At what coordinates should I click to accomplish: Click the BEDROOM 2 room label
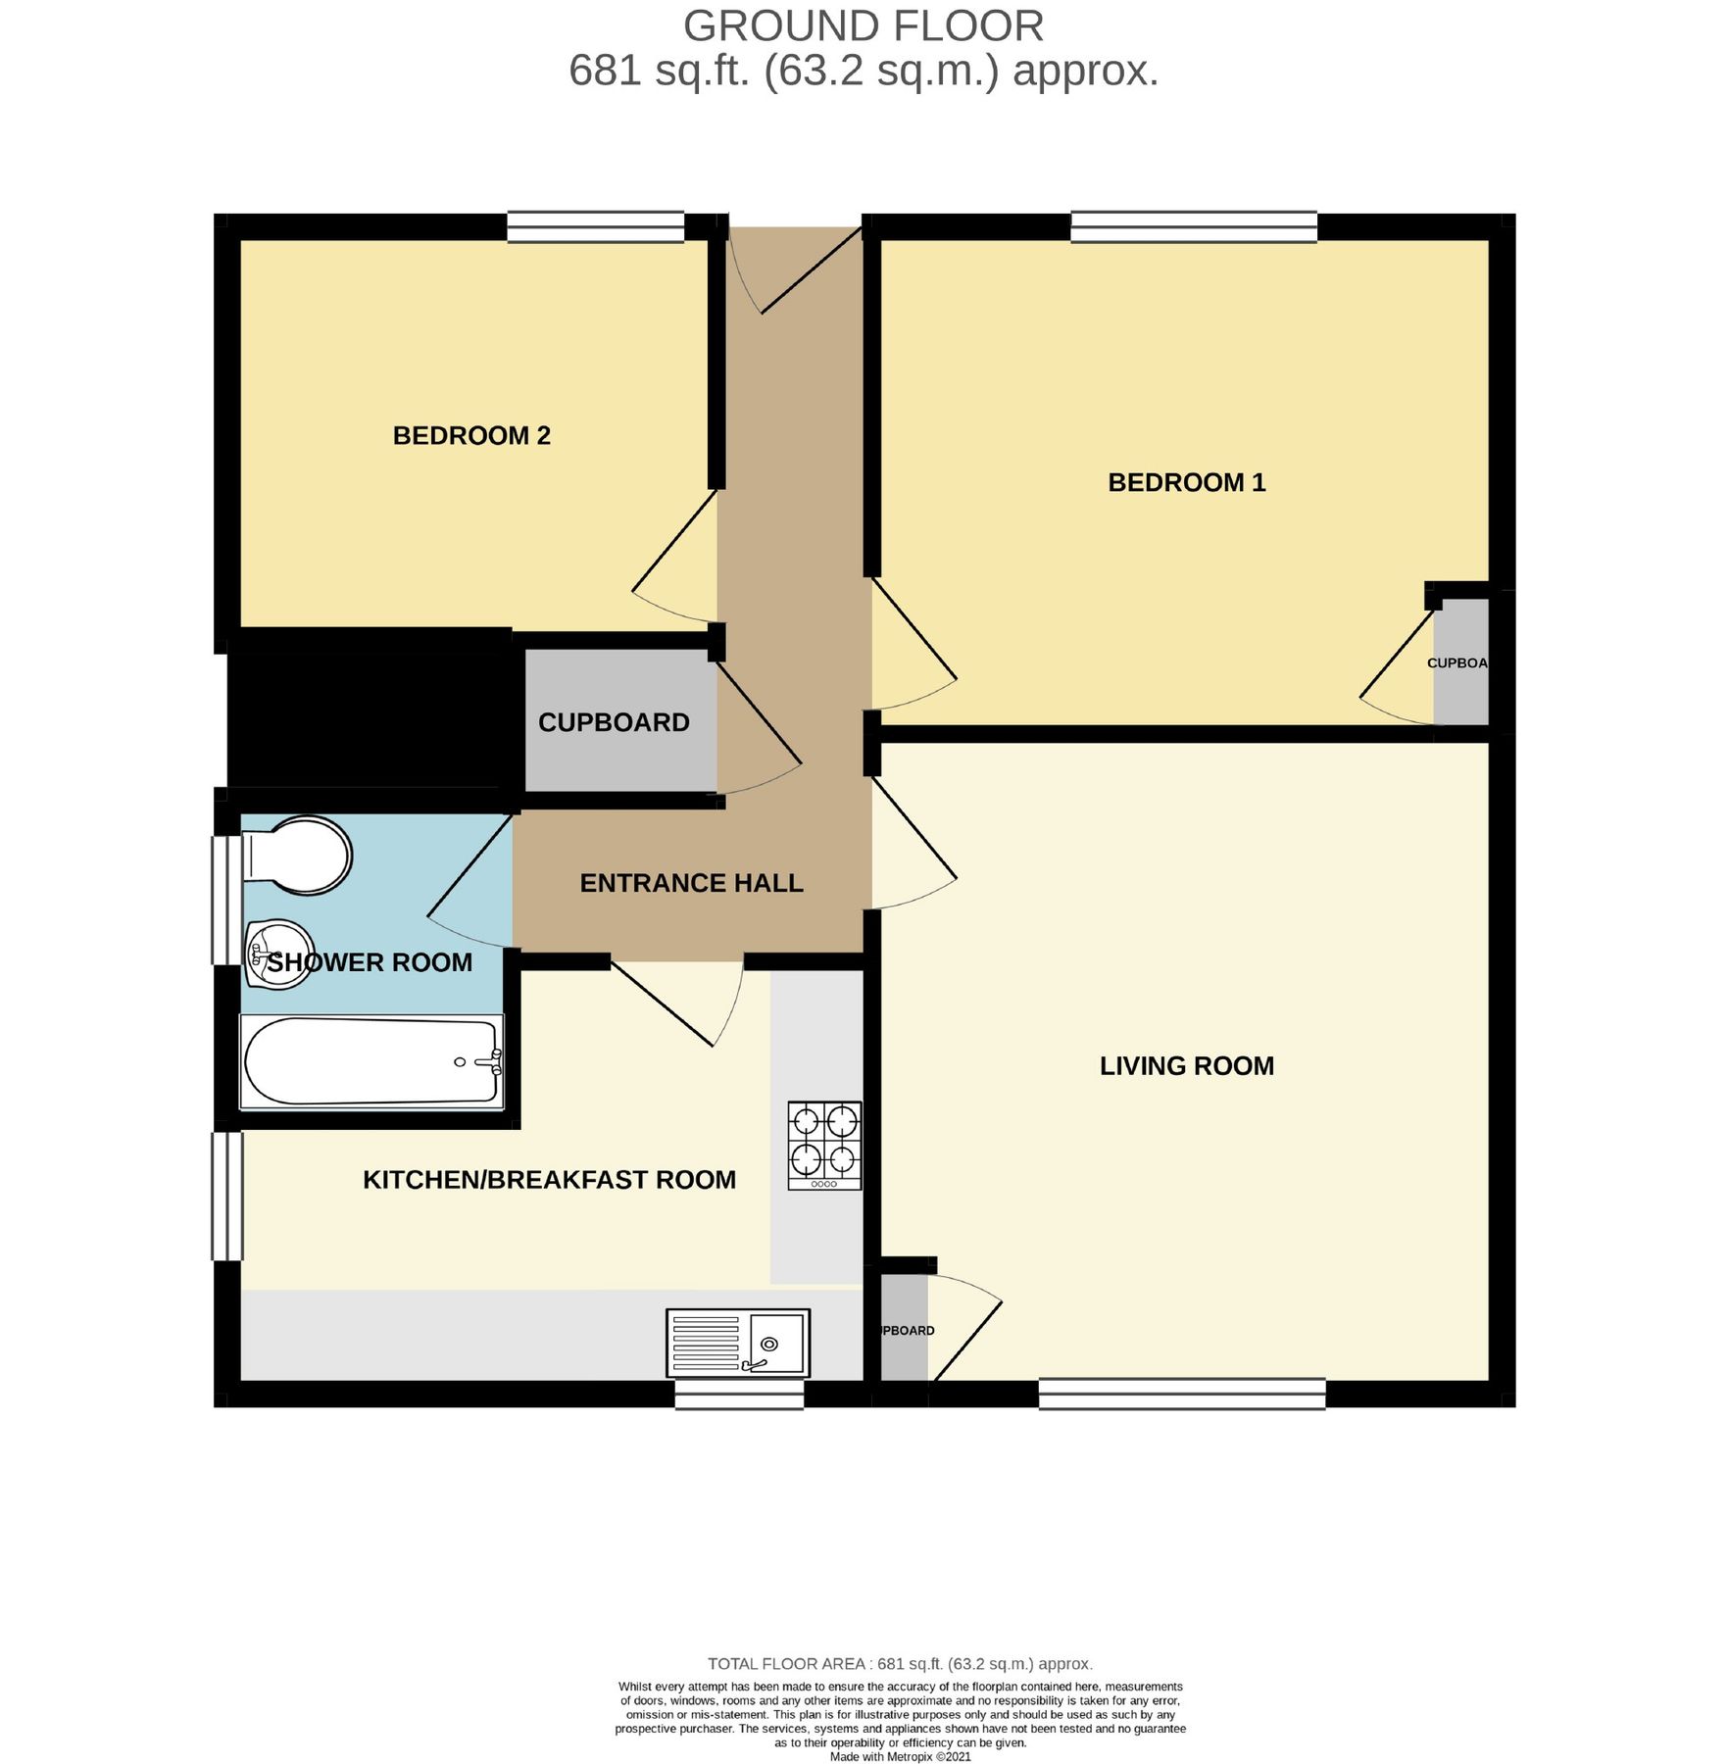click(471, 436)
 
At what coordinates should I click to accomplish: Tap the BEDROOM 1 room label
click(1187, 482)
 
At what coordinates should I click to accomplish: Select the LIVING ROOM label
click(1187, 1066)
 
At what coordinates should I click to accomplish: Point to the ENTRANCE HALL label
click(692, 883)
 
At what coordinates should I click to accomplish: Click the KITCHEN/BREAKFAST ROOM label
click(549, 1180)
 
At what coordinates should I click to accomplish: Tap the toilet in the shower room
click(296, 856)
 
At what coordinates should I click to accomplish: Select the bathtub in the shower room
click(372, 1062)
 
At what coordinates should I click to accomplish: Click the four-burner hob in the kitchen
click(824, 1146)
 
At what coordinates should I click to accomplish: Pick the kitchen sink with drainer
click(738, 1343)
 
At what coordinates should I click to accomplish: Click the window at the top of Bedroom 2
click(595, 227)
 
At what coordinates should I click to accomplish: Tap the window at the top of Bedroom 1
click(1194, 227)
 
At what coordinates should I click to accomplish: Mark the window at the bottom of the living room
click(1182, 1394)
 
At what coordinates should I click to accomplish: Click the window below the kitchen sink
click(740, 1395)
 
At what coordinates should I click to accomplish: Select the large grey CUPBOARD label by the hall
click(614, 723)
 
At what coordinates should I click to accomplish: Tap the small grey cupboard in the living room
click(904, 1328)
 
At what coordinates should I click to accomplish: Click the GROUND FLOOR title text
click(864, 26)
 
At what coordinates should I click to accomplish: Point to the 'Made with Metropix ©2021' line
click(901, 1756)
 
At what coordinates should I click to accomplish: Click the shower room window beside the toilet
click(227, 900)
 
